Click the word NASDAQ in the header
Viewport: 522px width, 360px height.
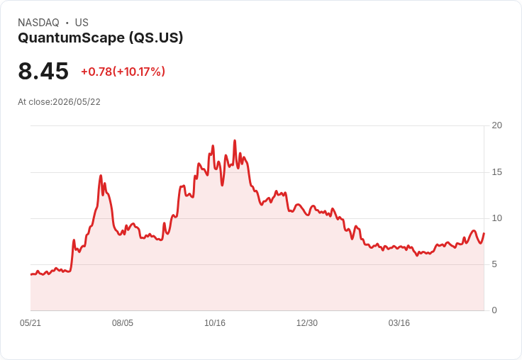pos(38,23)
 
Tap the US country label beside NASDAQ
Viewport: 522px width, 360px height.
pos(82,23)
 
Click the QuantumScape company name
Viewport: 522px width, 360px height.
pos(71,38)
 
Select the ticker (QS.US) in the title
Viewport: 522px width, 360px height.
pos(156,38)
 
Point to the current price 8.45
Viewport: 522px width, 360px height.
pos(43,71)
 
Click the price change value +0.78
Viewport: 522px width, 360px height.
pos(96,72)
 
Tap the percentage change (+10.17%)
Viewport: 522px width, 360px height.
pos(139,72)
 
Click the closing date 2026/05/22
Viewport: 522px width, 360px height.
pos(77,102)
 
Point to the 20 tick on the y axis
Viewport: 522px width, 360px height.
pos(496,125)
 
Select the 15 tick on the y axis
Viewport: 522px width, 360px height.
pos(496,172)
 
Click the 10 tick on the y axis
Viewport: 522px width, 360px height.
pos(496,218)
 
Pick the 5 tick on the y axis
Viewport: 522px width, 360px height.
pos(494,264)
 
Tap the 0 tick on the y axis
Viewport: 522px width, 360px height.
pos(494,310)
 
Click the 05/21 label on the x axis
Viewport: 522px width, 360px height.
pos(30,323)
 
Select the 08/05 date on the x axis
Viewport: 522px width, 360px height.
pos(123,323)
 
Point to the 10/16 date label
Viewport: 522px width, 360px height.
pos(215,323)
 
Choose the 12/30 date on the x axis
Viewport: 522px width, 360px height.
pos(307,323)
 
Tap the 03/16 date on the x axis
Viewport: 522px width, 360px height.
pos(399,323)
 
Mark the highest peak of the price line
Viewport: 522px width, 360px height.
pos(235,141)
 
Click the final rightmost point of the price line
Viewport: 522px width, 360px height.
pos(484,233)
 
